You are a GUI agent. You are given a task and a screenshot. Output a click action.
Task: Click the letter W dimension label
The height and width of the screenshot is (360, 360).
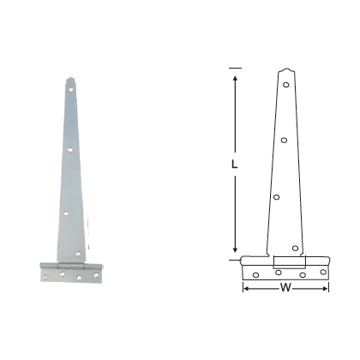tap(285, 289)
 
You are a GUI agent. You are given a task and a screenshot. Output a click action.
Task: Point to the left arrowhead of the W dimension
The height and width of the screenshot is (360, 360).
tap(246, 289)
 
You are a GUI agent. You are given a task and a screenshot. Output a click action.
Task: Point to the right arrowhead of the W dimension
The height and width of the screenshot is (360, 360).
tap(327, 289)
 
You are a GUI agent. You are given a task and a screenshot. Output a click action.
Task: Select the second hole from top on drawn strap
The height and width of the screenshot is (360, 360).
tap(284, 140)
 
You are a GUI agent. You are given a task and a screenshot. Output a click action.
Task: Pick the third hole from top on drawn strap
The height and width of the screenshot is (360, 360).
tap(277, 197)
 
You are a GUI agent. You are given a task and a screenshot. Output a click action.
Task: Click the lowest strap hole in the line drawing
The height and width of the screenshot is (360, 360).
tap(296, 249)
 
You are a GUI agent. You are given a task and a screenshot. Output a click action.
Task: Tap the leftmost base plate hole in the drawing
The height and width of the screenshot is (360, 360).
tap(255, 274)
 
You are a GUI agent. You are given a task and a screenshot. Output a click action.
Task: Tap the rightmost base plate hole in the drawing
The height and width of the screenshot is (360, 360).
tap(323, 273)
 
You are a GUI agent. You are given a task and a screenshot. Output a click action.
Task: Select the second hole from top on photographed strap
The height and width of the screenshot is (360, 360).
tap(70, 150)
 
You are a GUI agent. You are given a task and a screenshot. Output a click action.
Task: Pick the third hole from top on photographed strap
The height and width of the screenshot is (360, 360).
tap(66, 208)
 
